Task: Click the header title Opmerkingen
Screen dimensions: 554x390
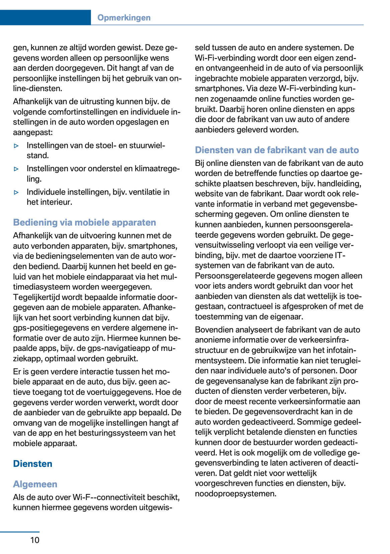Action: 124,18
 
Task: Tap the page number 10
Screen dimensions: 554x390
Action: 35,540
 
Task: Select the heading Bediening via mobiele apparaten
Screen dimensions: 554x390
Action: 84,223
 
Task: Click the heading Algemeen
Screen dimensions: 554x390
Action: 35,484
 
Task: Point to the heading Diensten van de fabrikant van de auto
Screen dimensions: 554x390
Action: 277,150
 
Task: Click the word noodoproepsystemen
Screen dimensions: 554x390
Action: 235,494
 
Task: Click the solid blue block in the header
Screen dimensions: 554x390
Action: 45,18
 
